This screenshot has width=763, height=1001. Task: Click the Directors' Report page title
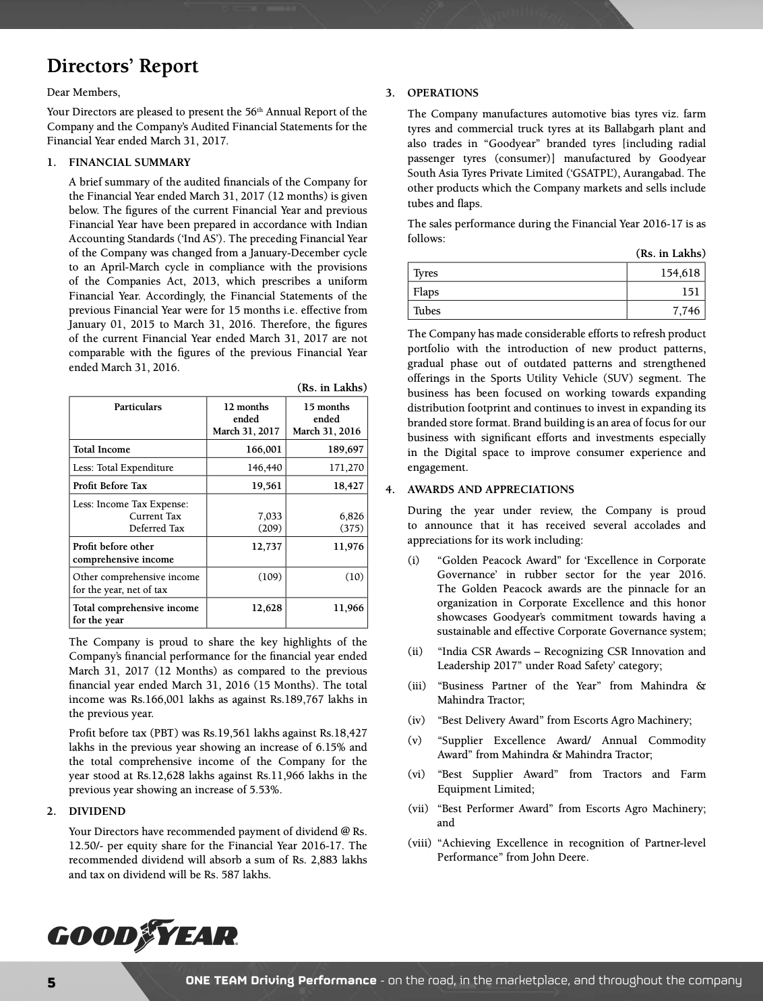(x=123, y=66)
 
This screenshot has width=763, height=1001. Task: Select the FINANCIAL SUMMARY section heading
(x=129, y=162)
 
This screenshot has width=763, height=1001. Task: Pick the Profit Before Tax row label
(x=110, y=486)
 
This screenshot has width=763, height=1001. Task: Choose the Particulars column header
(x=138, y=407)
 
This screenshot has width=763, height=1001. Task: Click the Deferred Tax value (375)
(x=351, y=528)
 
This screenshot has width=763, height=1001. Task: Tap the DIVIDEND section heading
(x=97, y=811)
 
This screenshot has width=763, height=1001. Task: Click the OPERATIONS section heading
(x=443, y=93)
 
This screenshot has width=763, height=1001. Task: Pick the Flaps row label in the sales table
(x=426, y=291)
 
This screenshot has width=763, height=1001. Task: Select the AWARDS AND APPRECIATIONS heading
(x=491, y=490)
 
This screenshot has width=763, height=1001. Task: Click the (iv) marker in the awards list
(x=415, y=720)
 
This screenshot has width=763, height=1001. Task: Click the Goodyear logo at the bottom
(x=143, y=936)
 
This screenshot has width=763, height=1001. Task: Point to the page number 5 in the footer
(x=51, y=981)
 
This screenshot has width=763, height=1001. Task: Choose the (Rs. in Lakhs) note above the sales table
(x=671, y=253)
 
